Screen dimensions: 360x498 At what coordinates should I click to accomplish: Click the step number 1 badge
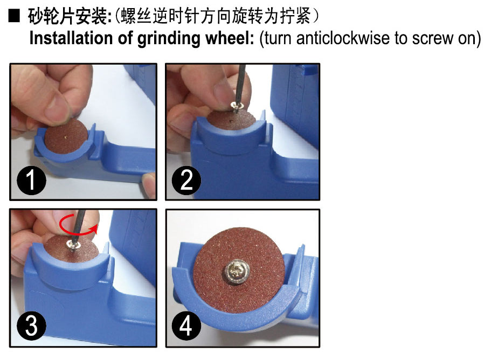(31, 181)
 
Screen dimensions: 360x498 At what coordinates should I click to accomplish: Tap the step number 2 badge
(186, 181)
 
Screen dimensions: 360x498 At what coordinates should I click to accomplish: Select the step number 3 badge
(31, 326)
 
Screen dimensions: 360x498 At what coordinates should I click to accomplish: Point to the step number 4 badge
(186, 326)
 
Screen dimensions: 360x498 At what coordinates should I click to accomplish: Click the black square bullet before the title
(14, 17)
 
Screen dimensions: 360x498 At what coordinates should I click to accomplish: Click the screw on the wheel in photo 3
(73, 246)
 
